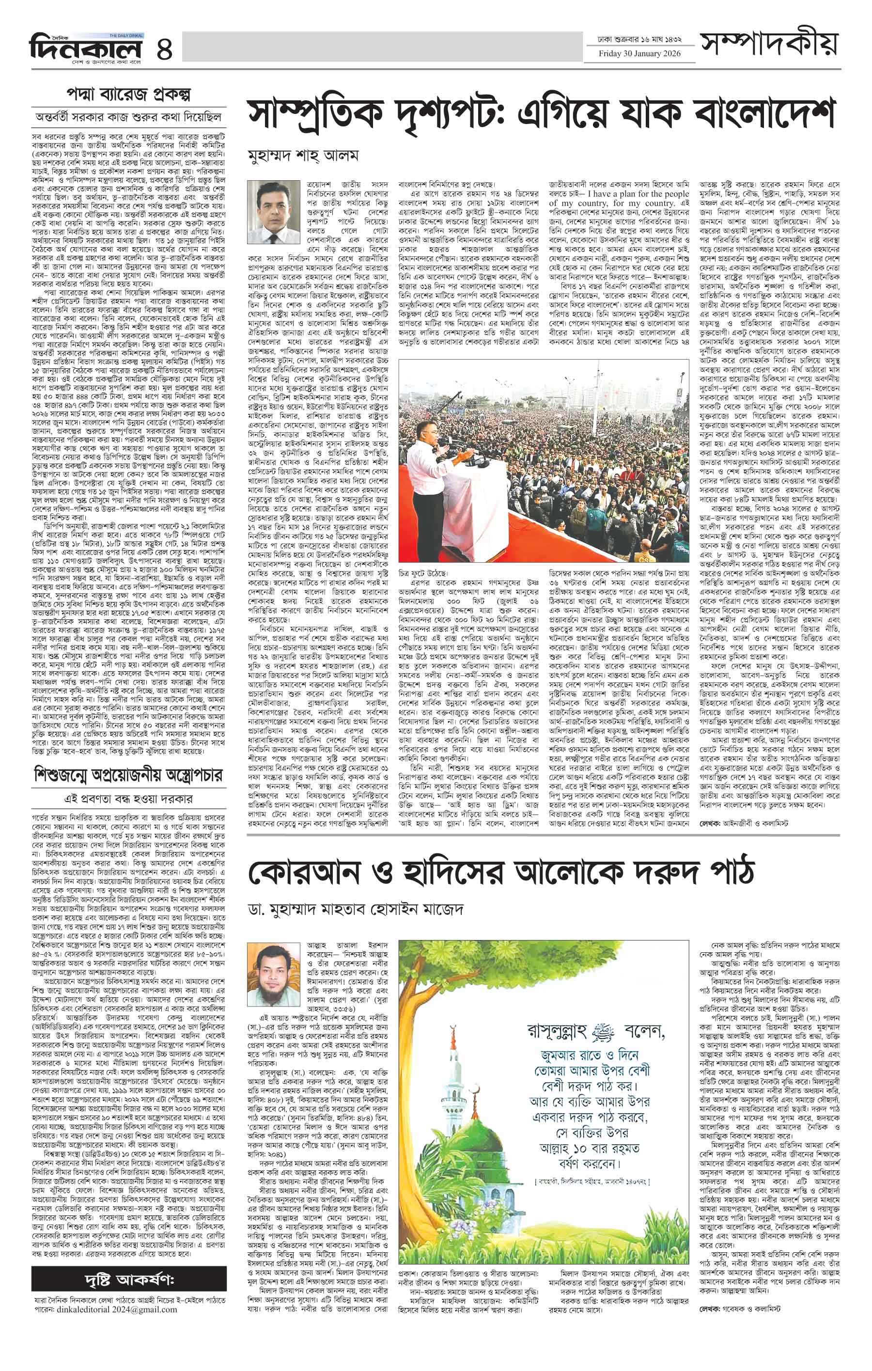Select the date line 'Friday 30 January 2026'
coord(638,54)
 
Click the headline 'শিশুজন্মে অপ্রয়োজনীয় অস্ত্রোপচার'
coord(129,775)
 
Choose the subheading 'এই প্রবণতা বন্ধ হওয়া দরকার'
coord(129,799)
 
